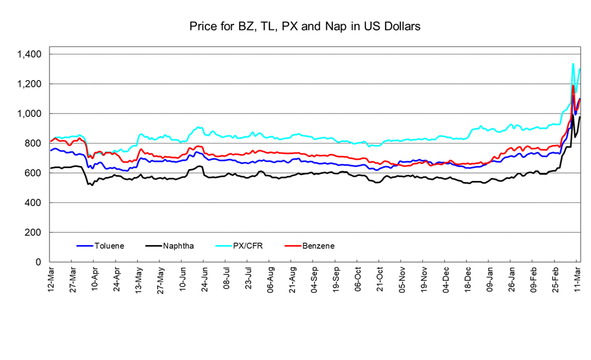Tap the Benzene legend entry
click(318, 246)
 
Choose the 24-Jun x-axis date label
click(204, 280)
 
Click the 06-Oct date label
click(358, 280)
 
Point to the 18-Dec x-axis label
click(468, 280)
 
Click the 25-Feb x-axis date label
click(556, 280)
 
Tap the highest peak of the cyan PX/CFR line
click(573, 64)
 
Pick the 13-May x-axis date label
click(139, 280)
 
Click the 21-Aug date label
click(292, 280)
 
